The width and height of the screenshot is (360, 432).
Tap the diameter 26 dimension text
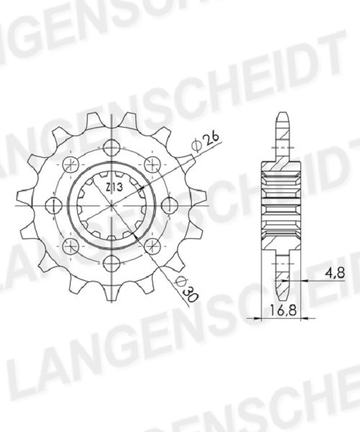click(x=206, y=141)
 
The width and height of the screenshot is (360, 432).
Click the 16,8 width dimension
click(x=283, y=311)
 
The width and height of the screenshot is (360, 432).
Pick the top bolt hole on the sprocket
click(x=111, y=148)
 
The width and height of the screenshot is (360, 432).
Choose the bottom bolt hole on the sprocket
click(x=111, y=263)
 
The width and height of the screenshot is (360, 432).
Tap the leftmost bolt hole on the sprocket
click(x=54, y=206)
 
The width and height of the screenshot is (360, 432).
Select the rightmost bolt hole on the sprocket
click(x=169, y=206)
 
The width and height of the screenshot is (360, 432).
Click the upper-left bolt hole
click(x=71, y=165)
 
